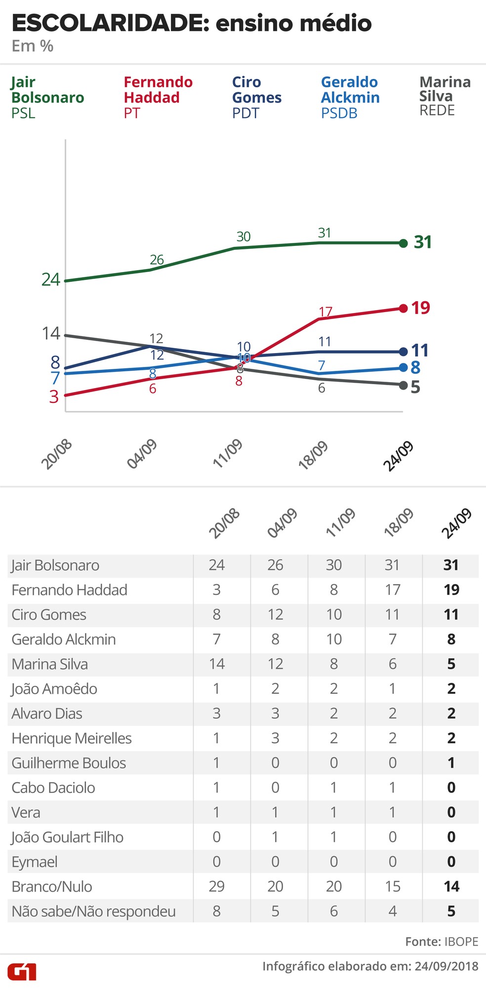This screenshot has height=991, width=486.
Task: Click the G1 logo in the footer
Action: pyautogui.click(x=22, y=971)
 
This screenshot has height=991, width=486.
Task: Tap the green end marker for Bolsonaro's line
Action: pyautogui.click(x=403, y=243)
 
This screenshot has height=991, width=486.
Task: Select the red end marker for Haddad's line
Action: pyautogui.click(x=403, y=308)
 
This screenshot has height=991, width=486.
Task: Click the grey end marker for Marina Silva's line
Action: pyautogui.click(x=403, y=385)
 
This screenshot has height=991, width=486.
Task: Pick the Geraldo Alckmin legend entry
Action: pyautogui.click(x=350, y=97)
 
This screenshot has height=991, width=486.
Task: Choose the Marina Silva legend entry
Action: pyautogui.click(x=445, y=96)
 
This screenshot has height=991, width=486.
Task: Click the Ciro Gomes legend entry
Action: pyautogui.click(x=256, y=97)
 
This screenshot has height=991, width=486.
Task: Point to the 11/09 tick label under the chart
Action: pyautogui.click(x=228, y=453)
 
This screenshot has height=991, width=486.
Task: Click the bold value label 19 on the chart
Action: pyautogui.click(x=421, y=308)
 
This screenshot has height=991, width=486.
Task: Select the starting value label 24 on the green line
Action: pyautogui.click(x=50, y=279)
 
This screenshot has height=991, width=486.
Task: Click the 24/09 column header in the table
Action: pyautogui.click(x=456, y=523)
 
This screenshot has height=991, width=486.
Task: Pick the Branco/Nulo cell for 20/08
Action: pyautogui.click(x=216, y=886)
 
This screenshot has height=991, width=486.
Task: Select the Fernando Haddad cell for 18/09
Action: pyautogui.click(x=393, y=590)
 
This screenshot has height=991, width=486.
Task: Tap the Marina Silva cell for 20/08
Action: pyautogui.click(x=216, y=664)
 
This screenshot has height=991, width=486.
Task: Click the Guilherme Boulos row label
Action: pyautogui.click(x=69, y=763)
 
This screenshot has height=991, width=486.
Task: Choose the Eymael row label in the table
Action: pyautogui.click(x=35, y=862)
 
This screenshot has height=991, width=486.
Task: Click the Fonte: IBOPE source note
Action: pyautogui.click(x=442, y=942)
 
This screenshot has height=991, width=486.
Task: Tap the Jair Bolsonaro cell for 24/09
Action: pyautogui.click(x=451, y=565)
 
